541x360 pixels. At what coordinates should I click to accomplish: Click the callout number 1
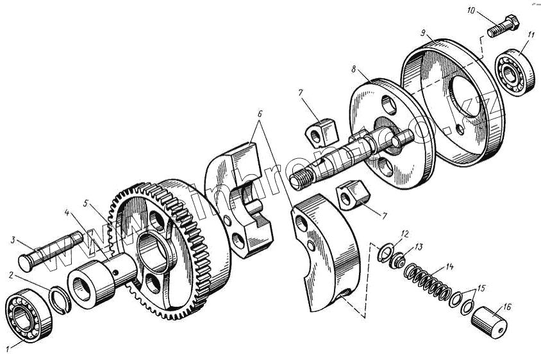point(8,349)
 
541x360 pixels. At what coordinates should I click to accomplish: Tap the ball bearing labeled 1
point(25,316)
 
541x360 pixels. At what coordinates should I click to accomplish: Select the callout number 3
point(12,240)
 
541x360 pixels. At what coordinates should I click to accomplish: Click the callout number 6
point(259,113)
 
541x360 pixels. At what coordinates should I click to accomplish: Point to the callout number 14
point(451,265)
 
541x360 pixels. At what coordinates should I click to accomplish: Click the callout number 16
point(508,307)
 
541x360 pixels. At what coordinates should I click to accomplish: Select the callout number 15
point(482,288)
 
